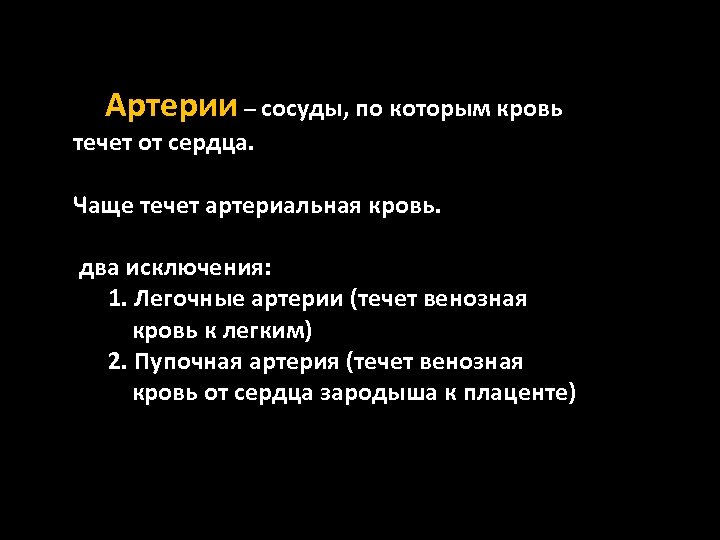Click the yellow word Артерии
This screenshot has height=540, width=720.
tap(171, 105)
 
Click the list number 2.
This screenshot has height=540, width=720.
tap(117, 361)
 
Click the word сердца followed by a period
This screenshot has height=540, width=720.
tap(213, 145)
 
